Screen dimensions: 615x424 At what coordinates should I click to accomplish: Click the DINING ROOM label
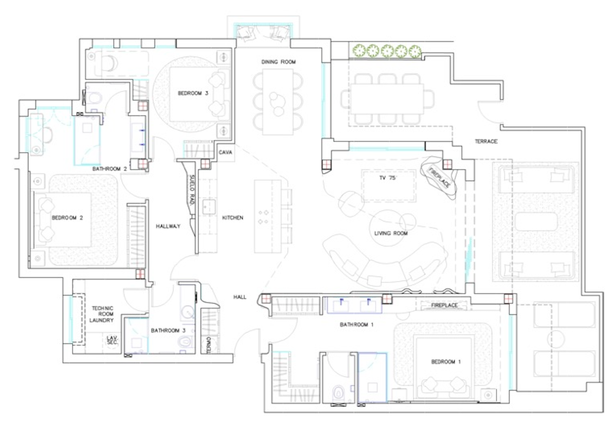click(x=278, y=62)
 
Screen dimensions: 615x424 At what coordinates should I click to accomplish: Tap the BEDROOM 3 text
click(x=193, y=93)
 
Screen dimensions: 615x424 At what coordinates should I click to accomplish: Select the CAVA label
click(x=225, y=152)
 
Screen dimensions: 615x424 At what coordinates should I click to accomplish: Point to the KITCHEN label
click(x=233, y=218)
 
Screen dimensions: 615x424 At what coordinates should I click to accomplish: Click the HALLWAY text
click(x=168, y=226)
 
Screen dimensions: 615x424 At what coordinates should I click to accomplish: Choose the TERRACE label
click(x=486, y=141)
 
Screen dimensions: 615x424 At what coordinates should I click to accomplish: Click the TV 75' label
click(x=388, y=178)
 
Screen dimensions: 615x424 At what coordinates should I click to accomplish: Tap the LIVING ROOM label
click(x=391, y=233)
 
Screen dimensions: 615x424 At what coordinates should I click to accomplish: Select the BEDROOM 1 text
click(x=446, y=362)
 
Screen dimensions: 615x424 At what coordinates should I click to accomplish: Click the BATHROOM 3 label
click(x=168, y=330)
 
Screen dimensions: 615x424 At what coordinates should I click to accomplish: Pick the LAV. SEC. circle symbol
click(x=112, y=340)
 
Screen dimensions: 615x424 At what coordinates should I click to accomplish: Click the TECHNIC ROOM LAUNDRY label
click(x=102, y=314)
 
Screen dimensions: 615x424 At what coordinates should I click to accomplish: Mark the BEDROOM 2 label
click(x=67, y=218)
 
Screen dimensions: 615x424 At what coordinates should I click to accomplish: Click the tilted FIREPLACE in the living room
click(x=439, y=178)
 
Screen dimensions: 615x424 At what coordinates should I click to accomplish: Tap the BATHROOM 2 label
click(x=110, y=169)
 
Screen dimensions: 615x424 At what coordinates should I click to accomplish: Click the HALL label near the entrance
click(x=240, y=297)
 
